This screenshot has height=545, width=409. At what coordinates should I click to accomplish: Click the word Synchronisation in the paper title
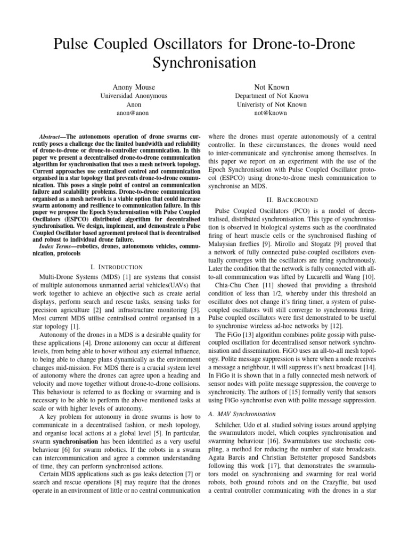pyautogui.click(x=204, y=63)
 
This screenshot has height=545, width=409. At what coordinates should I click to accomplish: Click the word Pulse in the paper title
pyautogui.click(x=75, y=44)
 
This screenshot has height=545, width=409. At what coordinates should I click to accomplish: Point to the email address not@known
pyautogui.click(x=272, y=114)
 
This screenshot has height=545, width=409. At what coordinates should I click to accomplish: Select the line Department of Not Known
pyautogui.click(x=272, y=96)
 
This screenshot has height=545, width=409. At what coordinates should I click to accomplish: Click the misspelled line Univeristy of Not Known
pyautogui.click(x=272, y=105)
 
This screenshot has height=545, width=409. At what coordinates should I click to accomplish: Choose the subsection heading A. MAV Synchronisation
pyautogui.click(x=242, y=413)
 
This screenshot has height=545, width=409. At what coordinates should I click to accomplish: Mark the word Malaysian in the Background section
pyautogui.click(x=224, y=243)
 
